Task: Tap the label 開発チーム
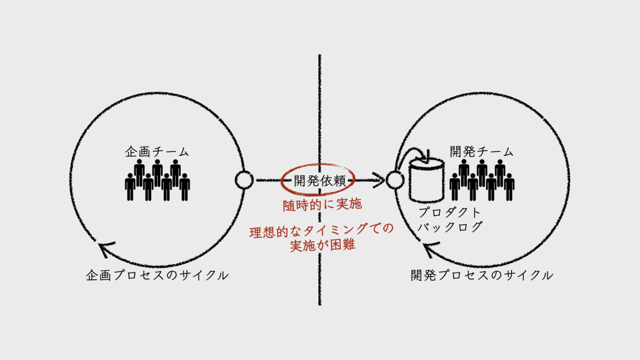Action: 482,151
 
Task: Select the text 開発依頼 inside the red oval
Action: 317,180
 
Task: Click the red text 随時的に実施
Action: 318,205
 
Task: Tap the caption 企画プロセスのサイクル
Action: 157,276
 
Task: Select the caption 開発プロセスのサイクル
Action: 482,276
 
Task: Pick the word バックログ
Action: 451,227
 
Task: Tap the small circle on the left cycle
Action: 244,180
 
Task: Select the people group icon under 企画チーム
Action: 157,180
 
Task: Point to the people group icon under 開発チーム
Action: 482,180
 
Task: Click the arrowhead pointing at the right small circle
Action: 380,180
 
